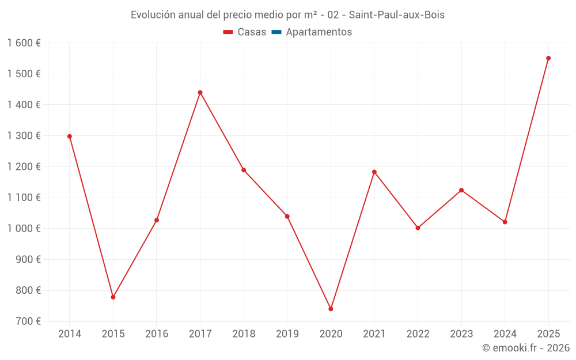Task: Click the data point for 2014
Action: (x=70, y=137)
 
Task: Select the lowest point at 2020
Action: (x=331, y=309)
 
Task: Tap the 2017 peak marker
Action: (x=200, y=92)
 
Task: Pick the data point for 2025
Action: (x=548, y=58)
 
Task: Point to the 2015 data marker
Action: (x=113, y=297)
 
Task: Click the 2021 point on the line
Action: (x=374, y=172)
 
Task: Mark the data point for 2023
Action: (x=461, y=190)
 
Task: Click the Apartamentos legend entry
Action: (x=319, y=32)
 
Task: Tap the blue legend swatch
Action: (x=276, y=32)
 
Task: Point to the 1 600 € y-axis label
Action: (x=24, y=43)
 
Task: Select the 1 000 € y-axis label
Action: (x=24, y=228)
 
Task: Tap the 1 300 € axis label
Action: (x=24, y=136)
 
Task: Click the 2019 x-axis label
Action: (x=287, y=334)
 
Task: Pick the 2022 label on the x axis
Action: (x=418, y=334)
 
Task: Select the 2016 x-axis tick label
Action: (x=157, y=334)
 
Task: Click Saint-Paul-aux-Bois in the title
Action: (x=397, y=15)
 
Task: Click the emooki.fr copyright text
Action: (x=526, y=348)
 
